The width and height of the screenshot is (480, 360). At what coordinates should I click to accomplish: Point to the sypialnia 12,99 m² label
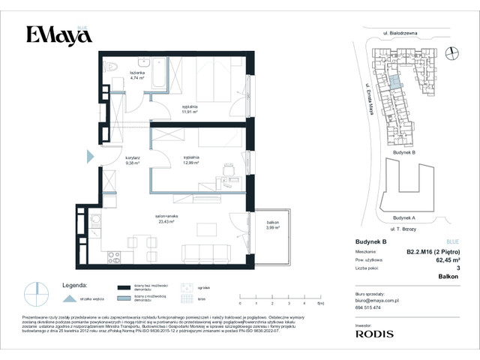(x=189, y=160)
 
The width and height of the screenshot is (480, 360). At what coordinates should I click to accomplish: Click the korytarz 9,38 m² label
(x=113, y=160)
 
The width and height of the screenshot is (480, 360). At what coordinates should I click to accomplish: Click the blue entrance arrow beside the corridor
(x=89, y=156)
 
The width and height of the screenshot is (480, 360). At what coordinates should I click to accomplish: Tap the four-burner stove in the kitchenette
(x=115, y=257)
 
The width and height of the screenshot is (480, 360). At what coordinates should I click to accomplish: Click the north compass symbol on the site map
(x=451, y=52)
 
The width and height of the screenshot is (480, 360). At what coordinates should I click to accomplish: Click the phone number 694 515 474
(x=368, y=307)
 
